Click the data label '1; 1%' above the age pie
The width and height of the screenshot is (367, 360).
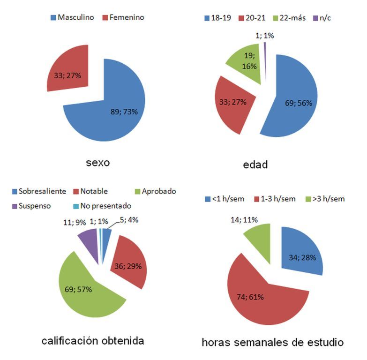click(x=265, y=35)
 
